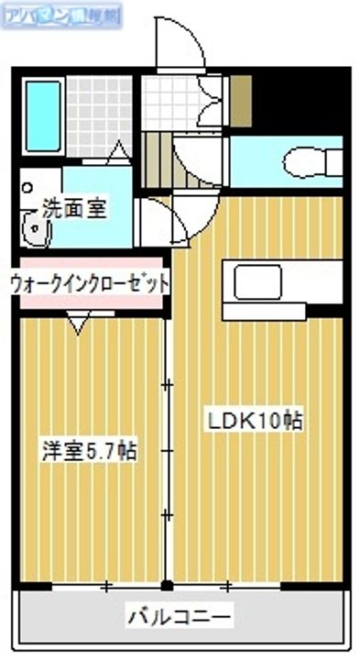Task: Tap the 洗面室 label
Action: (73, 207)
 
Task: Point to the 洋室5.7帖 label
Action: (90, 450)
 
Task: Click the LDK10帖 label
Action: (256, 421)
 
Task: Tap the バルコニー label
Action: (180, 613)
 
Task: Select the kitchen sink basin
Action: (256, 281)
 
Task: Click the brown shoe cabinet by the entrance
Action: (240, 101)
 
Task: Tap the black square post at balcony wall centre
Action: (166, 585)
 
